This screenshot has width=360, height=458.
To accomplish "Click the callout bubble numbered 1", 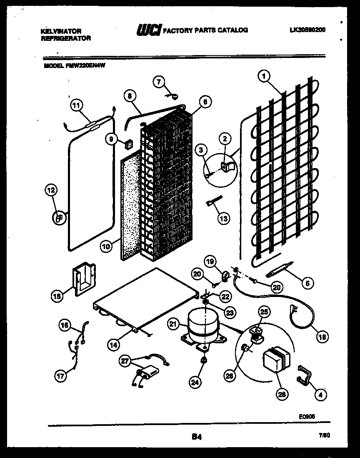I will [x=263, y=76].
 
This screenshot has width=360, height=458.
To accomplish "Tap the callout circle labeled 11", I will [x=75, y=106].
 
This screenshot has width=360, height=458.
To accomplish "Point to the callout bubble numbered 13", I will [x=224, y=218].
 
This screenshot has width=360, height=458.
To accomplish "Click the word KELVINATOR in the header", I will [x=61, y=31].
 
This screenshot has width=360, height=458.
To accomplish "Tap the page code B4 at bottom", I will [x=197, y=437].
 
